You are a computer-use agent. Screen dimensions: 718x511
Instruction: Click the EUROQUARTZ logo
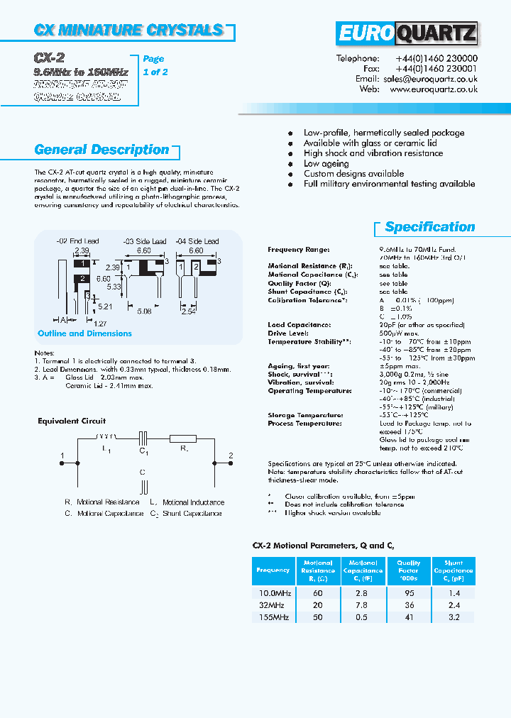(x=407, y=33)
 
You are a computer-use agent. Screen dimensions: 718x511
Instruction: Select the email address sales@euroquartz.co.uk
(x=430, y=79)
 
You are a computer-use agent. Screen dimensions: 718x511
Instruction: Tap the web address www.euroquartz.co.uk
(x=433, y=90)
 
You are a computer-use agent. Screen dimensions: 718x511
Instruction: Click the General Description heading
(x=101, y=150)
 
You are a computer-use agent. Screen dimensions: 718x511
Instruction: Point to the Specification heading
(x=429, y=227)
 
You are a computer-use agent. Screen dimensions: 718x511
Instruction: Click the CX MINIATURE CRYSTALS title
(x=128, y=30)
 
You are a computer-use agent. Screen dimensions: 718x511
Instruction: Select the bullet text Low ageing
(x=326, y=163)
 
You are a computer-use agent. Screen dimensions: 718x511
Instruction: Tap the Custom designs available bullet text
(x=353, y=174)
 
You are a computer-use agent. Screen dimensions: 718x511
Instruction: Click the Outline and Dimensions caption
(x=84, y=333)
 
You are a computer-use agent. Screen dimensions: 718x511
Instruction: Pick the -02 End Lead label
(x=78, y=241)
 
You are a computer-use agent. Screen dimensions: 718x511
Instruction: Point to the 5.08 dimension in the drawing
(x=143, y=311)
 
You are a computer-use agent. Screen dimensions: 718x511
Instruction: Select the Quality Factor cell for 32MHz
(x=408, y=605)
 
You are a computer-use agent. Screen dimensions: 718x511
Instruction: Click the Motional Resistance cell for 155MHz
(x=317, y=617)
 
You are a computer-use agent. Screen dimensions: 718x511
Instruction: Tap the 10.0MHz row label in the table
(x=273, y=593)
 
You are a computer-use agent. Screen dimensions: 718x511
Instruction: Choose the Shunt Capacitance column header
(x=453, y=570)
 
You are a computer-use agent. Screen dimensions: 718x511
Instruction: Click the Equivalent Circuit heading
(x=72, y=421)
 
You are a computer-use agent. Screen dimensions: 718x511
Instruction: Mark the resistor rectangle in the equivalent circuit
(x=182, y=438)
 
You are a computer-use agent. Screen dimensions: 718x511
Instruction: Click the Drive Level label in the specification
(x=287, y=333)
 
